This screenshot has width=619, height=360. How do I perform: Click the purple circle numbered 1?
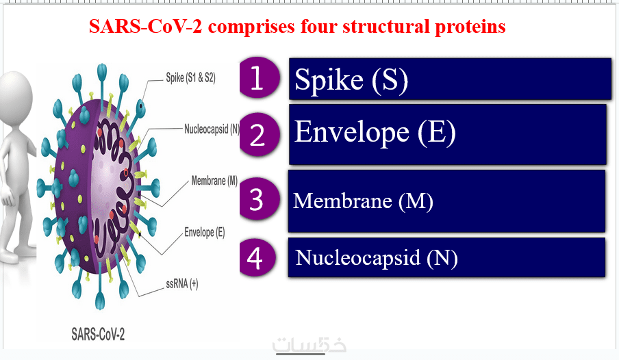click(260, 77)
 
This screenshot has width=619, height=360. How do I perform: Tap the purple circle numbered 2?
click(260, 134)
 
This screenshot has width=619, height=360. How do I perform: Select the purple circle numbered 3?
click(260, 198)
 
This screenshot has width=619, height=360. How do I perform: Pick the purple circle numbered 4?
click(257, 258)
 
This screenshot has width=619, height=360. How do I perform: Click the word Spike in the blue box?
click(329, 80)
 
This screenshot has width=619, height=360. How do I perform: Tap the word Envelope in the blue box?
click(352, 133)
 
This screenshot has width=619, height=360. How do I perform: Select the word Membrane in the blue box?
click(342, 201)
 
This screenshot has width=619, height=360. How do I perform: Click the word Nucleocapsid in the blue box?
click(357, 258)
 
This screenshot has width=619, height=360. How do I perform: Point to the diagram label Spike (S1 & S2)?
click(190, 78)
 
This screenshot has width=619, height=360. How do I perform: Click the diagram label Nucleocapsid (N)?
click(212, 129)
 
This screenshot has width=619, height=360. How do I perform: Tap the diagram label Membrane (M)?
click(214, 181)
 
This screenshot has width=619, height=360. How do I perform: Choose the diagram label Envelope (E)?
click(205, 232)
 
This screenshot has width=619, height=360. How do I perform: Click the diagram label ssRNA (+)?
click(182, 284)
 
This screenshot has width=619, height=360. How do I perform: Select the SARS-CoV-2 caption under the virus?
click(98, 335)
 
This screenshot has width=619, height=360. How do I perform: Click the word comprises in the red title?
click(251, 27)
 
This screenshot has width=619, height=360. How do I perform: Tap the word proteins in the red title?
click(470, 27)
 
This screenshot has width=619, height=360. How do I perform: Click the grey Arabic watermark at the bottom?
click(309, 344)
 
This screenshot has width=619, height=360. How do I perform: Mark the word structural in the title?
click(386, 26)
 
